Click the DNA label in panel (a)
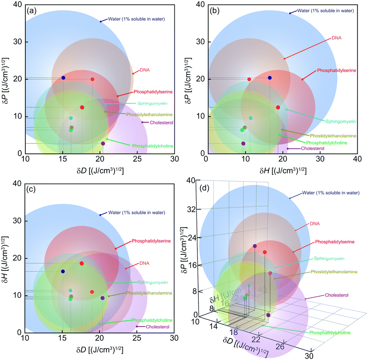point(144,70)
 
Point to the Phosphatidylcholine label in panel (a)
point(152,146)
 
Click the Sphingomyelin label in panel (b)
point(340,122)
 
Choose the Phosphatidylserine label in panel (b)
point(336,70)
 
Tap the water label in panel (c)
point(136,212)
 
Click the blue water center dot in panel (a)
point(63,78)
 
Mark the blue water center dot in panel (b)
point(269,78)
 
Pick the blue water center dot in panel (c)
point(63,271)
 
